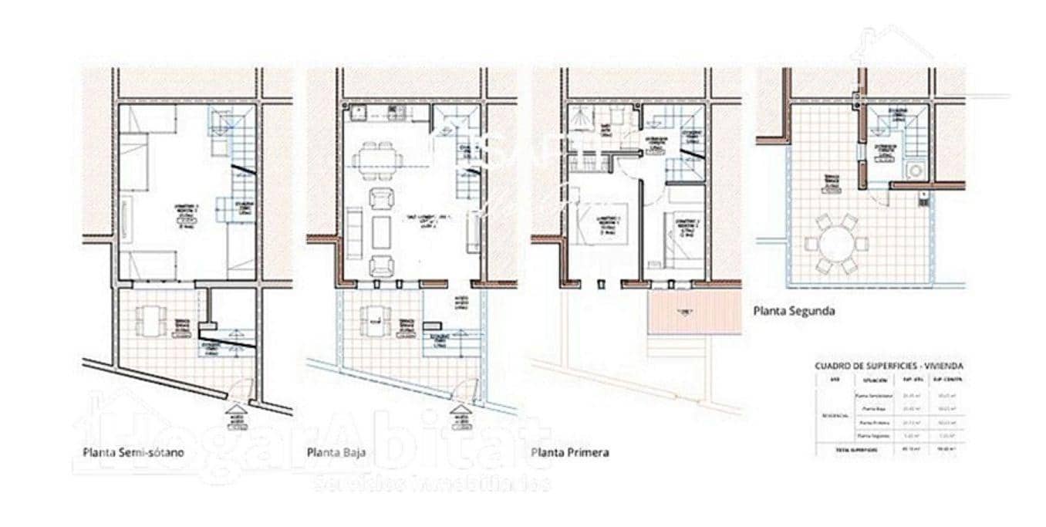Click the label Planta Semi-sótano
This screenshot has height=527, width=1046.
[133, 453]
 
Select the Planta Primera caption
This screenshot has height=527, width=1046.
[570, 452]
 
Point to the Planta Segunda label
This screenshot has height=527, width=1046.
[793, 312]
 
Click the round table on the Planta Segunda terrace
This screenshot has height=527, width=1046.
[836, 245]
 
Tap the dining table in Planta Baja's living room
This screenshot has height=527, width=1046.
[378, 160]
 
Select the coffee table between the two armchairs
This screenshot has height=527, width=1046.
[381, 232]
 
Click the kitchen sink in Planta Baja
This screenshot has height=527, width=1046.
[359, 113]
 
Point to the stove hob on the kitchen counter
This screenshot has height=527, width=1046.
[396, 113]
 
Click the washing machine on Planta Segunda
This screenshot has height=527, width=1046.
[916, 171]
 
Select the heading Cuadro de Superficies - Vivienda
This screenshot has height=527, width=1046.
[889, 366]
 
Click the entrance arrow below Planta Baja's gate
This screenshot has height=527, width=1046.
[461, 411]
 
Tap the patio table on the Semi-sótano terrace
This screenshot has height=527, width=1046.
[151, 319]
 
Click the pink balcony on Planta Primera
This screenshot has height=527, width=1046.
[694, 312]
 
